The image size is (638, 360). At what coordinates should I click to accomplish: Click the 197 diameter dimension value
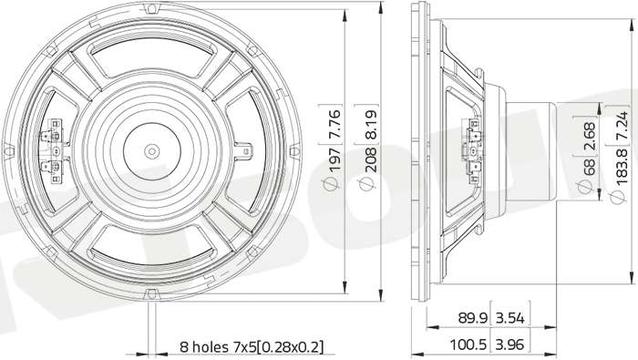tap(334, 160)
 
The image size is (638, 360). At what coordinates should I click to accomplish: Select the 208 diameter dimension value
tap(370, 160)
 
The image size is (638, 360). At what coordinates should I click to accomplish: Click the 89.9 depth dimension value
tap(473, 318)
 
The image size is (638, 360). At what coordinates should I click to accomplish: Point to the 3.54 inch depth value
tap(510, 318)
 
